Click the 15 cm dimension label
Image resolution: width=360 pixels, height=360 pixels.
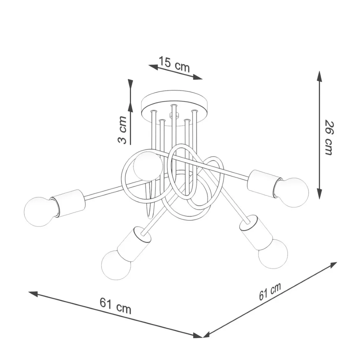pos(174,65)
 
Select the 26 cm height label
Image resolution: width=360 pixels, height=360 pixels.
pos(328,138)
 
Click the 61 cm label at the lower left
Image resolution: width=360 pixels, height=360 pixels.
pos(115,305)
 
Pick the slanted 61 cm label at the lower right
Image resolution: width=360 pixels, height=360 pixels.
pos(270,291)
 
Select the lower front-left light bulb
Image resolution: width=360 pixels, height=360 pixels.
pos(116,265)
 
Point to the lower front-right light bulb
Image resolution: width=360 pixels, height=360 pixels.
pos(273,254)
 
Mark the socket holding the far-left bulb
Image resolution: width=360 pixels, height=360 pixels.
pos(68,203)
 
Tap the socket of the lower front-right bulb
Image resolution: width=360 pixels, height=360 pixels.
pos(255,234)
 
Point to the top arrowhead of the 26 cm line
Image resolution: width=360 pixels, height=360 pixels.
pos(319,76)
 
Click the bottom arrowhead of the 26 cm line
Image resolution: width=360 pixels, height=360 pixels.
pos(319,193)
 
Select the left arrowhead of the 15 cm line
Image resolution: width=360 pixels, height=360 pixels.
pos(153,67)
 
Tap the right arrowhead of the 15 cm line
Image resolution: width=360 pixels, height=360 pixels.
pos(197,77)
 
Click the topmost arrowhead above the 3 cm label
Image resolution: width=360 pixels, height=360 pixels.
pos(130,84)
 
